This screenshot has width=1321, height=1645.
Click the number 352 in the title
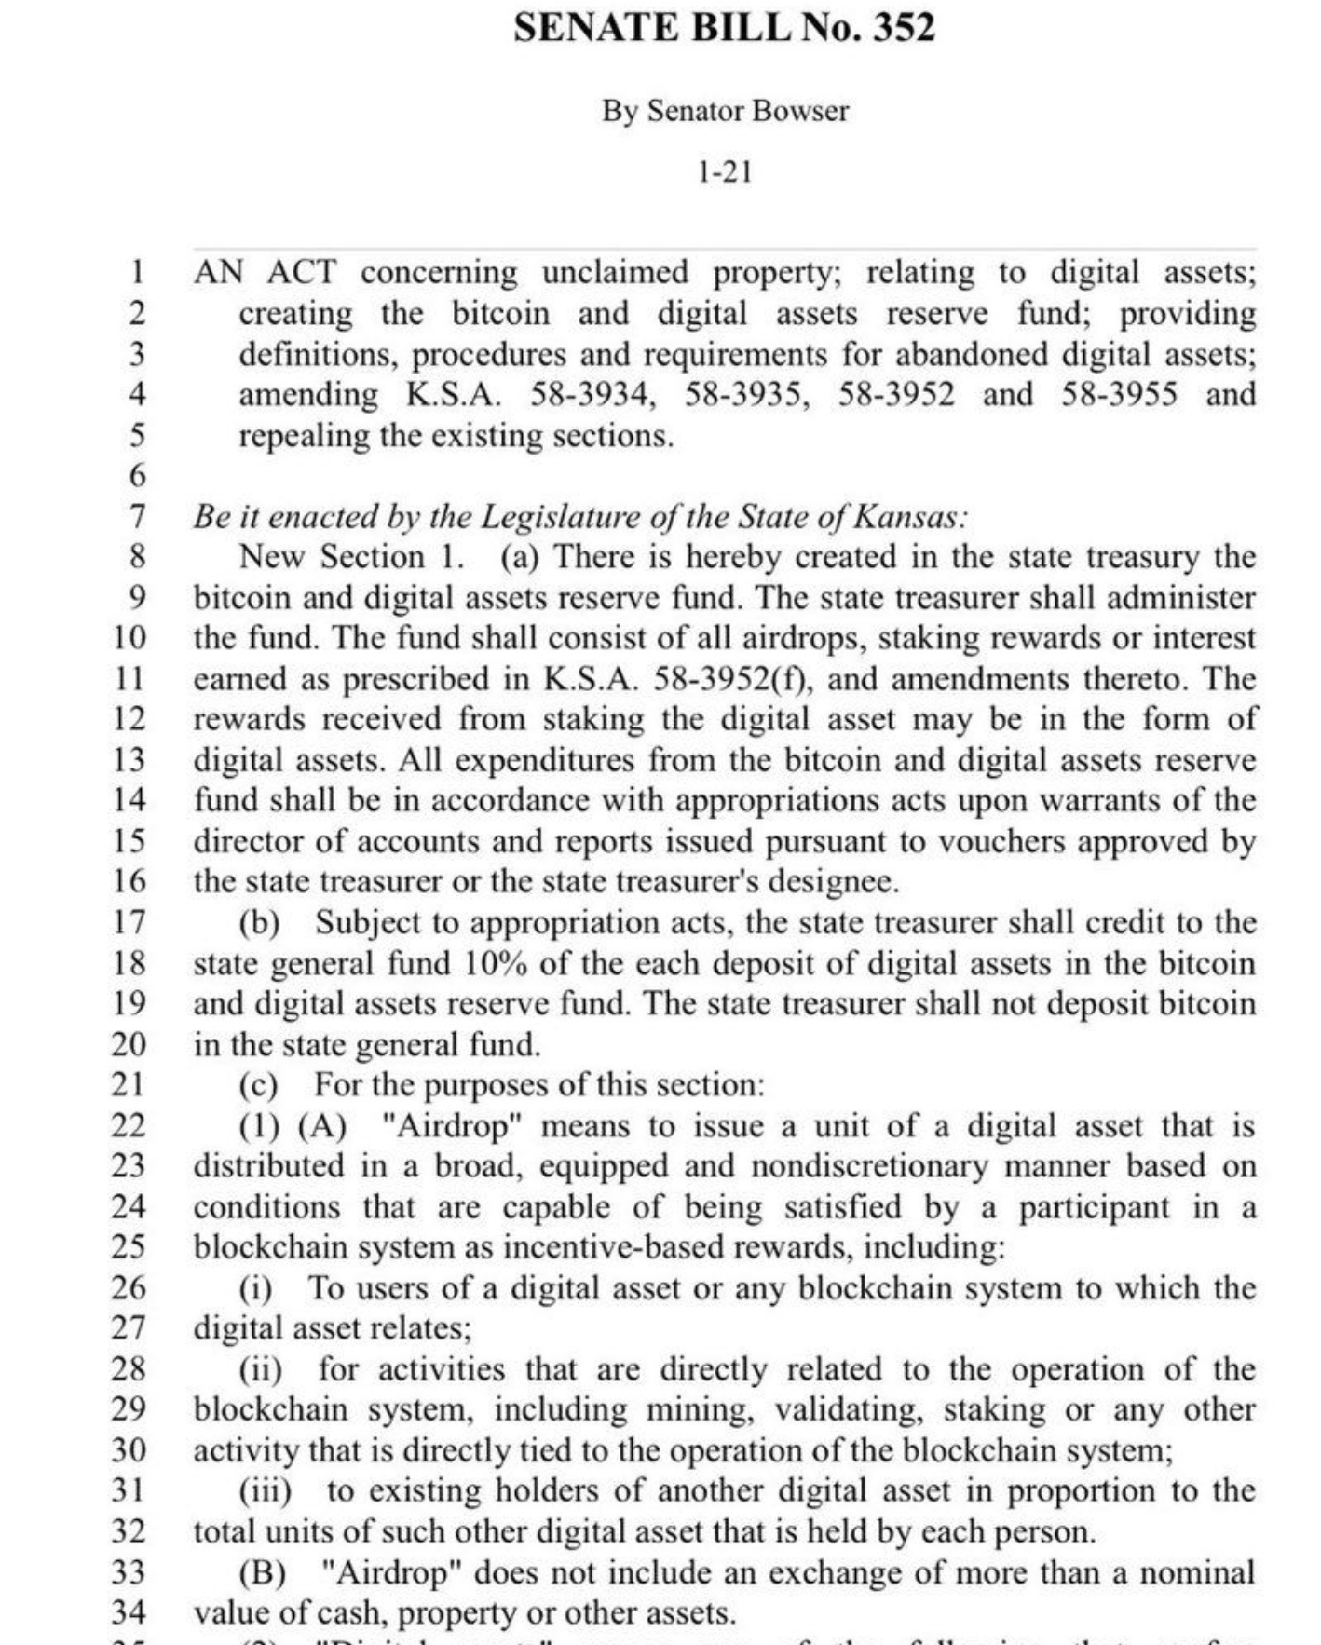tap(903, 27)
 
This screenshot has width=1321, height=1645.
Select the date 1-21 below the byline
tap(724, 172)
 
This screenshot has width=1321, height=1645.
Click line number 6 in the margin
tap(137, 475)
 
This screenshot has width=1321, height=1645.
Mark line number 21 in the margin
tap(129, 1085)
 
